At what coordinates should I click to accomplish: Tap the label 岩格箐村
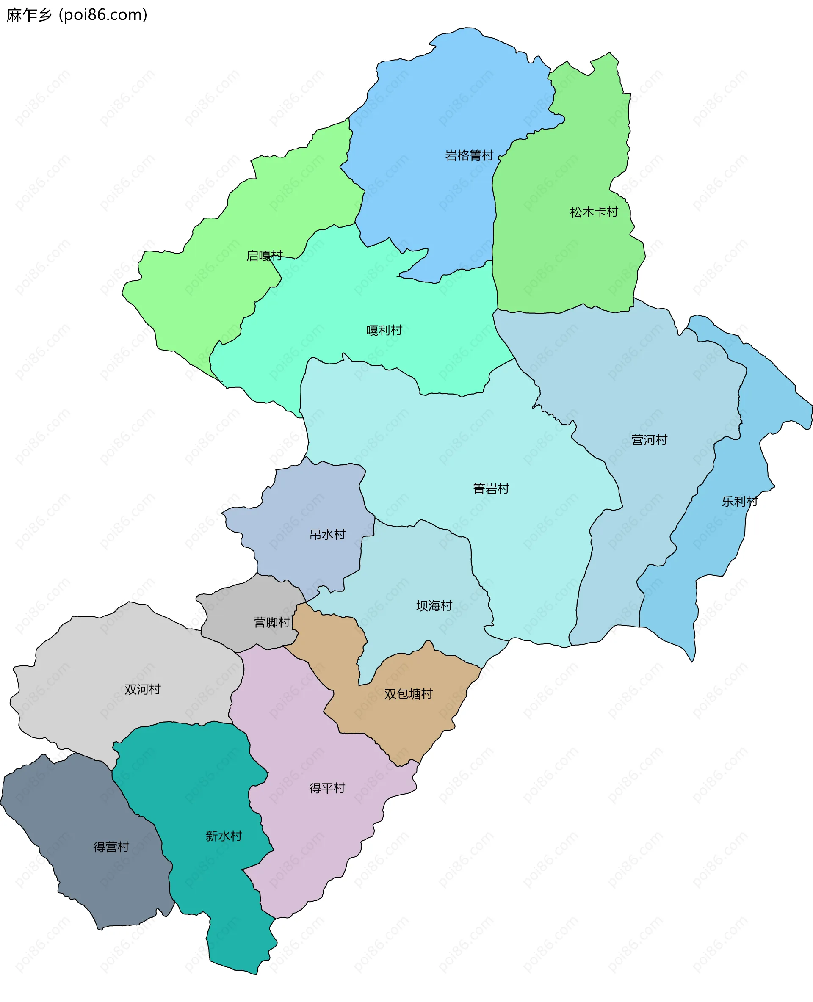point(469,155)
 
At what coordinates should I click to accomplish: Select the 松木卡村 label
point(594,212)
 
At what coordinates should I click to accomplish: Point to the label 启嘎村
point(265,256)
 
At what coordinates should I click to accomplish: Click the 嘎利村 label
point(384,330)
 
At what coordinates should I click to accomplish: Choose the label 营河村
point(649,440)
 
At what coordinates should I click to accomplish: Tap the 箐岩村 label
point(491,489)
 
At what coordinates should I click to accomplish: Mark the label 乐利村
point(739,502)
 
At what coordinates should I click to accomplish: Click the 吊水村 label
point(327,534)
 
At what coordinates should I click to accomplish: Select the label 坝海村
point(434,606)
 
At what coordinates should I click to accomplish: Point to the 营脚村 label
point(271,622)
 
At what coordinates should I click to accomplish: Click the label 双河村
point(142,689)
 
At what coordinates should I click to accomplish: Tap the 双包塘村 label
point(408,694)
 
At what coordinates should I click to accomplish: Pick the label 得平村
point(327,788)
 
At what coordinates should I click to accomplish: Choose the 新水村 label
point(224,836)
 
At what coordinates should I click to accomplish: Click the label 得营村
point(111,847)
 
